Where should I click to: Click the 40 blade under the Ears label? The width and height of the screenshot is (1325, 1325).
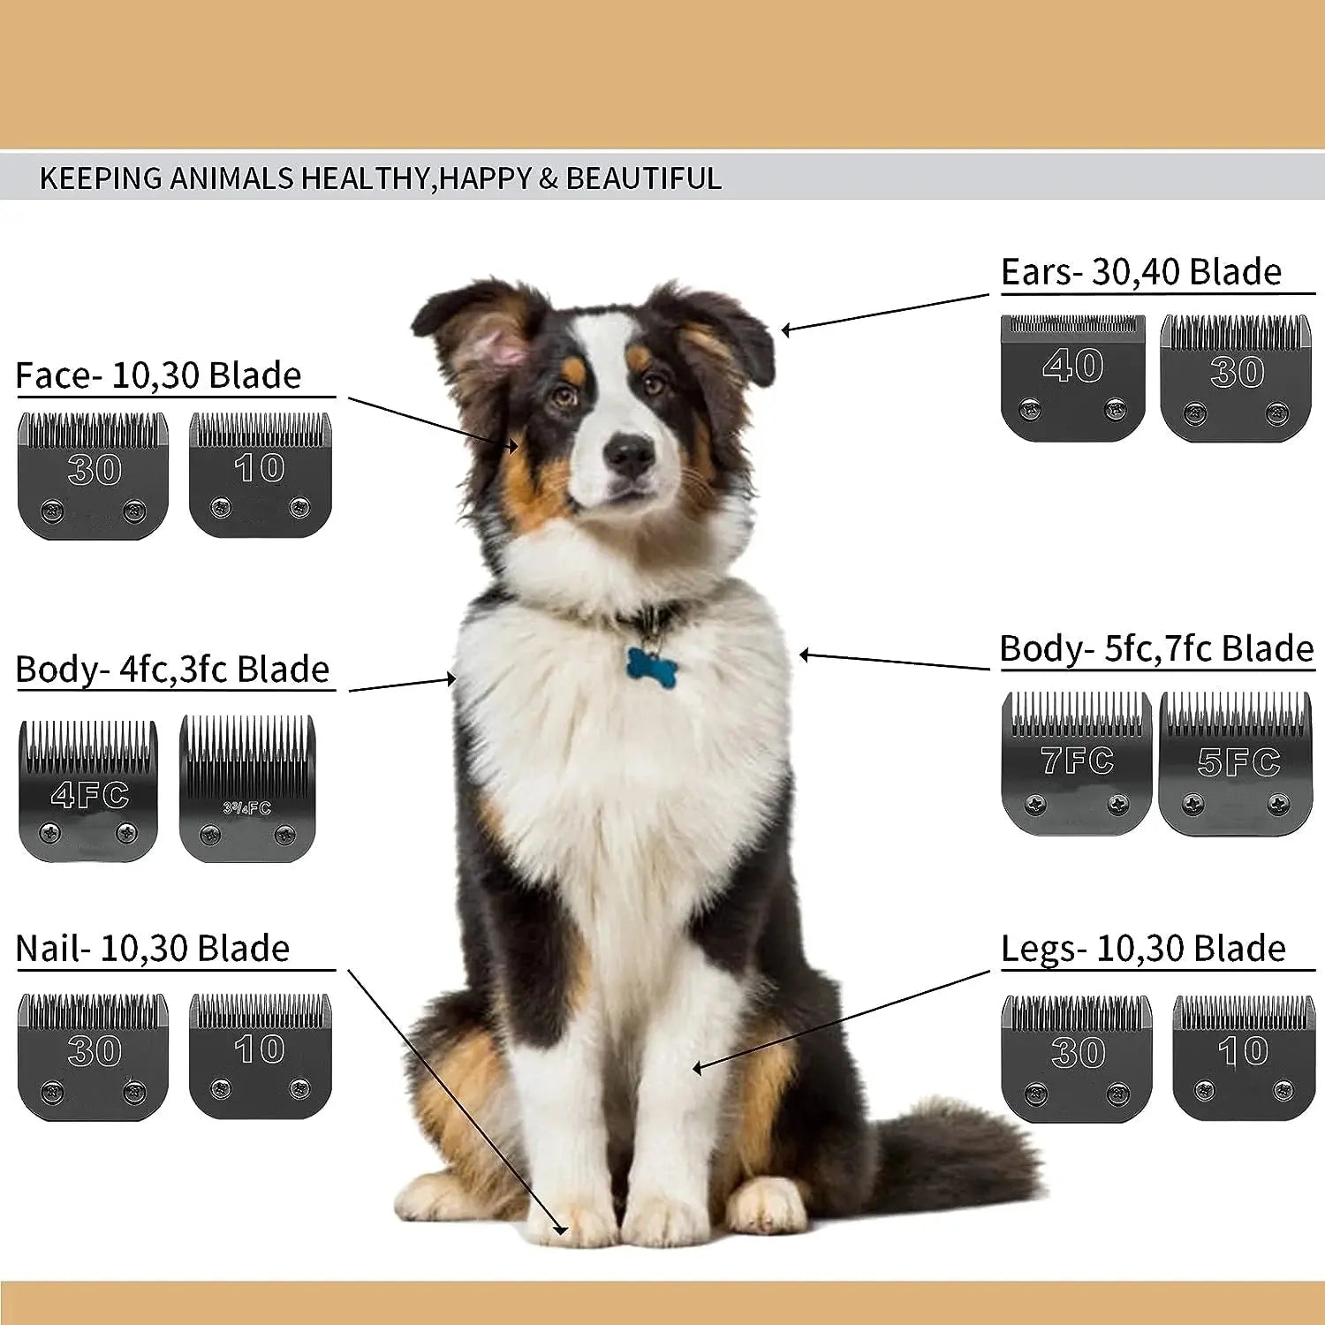click(x=1073, y=378)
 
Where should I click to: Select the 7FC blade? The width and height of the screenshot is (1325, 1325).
click(x=1077, y=763)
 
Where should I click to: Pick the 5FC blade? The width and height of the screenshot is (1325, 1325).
click(x=1236, y=763)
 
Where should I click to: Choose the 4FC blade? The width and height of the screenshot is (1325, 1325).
click(x=88, y=791)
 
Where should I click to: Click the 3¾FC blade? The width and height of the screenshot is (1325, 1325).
click(x=247, y=788)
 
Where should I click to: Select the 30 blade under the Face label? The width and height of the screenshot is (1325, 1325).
click(x=94, y=476)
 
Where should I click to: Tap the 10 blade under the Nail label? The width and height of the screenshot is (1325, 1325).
click(x=261, y=1056)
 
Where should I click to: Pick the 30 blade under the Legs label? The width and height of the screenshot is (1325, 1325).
click(x=1077, y=1059)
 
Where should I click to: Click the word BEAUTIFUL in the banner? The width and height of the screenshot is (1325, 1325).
click(x=644, y=178)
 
